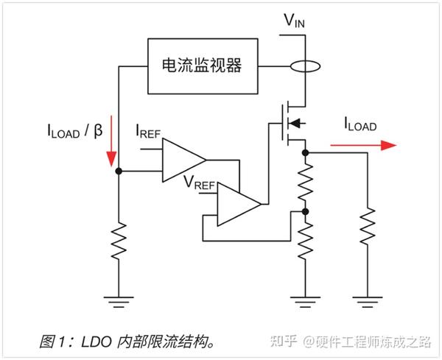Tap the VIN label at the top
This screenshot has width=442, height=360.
[x=294, y=21]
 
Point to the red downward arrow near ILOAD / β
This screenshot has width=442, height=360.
[x=111, y=140]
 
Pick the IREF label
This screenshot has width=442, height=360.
[x=149, y=133]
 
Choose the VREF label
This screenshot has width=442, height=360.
[x=198, y=180]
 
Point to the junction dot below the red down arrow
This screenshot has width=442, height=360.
[x=119, y=171]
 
